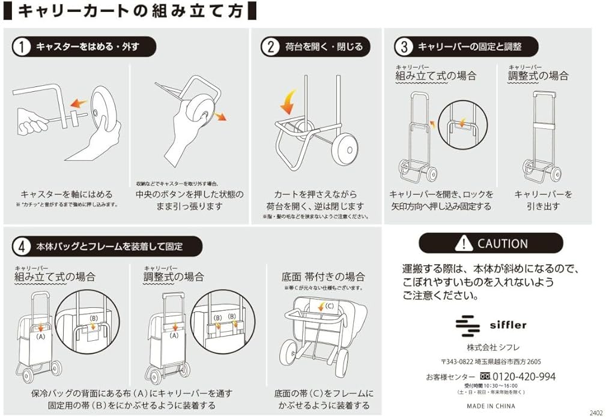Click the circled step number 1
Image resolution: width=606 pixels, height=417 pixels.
[22, 47]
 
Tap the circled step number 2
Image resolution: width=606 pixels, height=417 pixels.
[271, 47]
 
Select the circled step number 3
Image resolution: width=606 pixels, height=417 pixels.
[404, 47]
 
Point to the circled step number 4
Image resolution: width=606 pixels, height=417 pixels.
[22, 246]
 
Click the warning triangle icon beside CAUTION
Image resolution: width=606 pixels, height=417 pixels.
[464, 243]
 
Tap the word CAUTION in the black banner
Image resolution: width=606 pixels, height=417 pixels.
[502, 244]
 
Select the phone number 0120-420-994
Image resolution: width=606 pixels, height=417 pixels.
[524, 377]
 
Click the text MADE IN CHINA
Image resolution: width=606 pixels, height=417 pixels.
[491, 406]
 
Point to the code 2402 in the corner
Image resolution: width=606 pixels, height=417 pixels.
[596, 412]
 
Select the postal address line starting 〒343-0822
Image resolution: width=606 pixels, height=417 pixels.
[491, 362]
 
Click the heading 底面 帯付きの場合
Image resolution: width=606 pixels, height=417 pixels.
[323, 277]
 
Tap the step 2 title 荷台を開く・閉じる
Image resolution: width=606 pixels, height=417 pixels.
[324, 47]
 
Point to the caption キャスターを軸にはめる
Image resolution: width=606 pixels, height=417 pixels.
[67, 194]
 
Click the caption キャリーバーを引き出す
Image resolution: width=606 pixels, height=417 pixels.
[544, 200]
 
